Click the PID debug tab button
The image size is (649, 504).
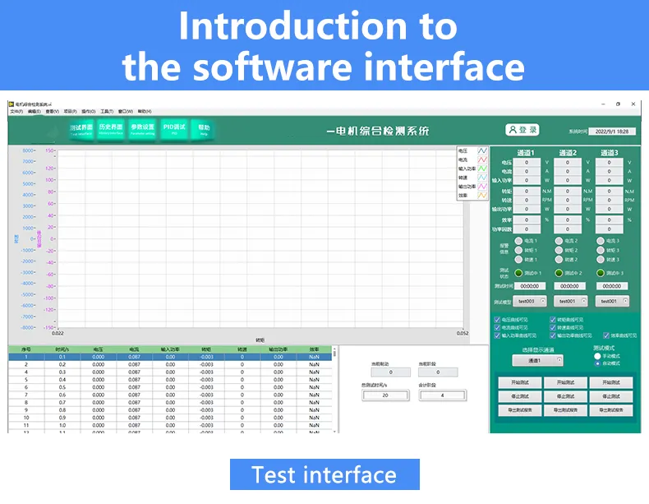point(173,129)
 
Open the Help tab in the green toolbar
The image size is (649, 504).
point(204,129)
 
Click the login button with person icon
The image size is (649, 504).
point(522,130)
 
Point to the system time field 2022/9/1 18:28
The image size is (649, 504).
point(611,132)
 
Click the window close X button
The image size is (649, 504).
point(633,104)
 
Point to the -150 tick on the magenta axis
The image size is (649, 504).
point(49,326)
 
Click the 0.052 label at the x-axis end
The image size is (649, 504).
point(463,333)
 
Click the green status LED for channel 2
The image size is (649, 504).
point(559,273)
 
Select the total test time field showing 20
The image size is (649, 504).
point(384,395)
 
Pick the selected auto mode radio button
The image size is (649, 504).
point(597,363)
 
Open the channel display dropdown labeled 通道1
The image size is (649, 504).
point(537,360)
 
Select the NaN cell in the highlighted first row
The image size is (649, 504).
point(314,356)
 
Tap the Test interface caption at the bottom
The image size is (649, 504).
point(324,474)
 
